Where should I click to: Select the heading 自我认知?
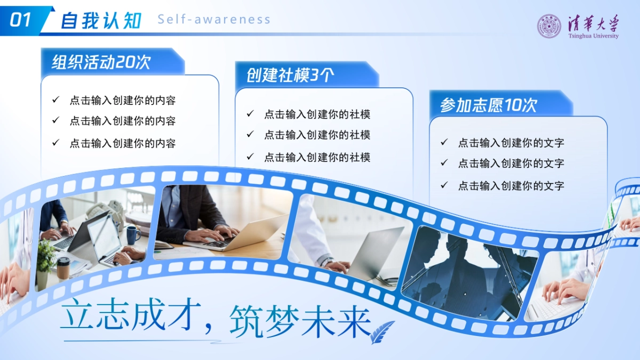[101, 20]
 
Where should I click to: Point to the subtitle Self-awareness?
[214, 20]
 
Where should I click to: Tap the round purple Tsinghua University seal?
[549, 26]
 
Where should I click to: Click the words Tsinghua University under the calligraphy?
[593, 36]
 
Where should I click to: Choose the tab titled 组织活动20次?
[101, 62]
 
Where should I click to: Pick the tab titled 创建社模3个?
[290, 75]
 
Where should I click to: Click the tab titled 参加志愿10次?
[488, 105]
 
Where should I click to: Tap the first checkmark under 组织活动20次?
[55, 100]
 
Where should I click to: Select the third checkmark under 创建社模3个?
[250, 157]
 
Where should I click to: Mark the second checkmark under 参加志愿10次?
[444, 163]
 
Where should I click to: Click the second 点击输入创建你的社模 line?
[317, 135]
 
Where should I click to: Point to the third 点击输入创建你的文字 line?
[511, 186]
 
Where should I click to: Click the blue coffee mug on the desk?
[131, 235]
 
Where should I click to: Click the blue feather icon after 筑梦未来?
[383, 331]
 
